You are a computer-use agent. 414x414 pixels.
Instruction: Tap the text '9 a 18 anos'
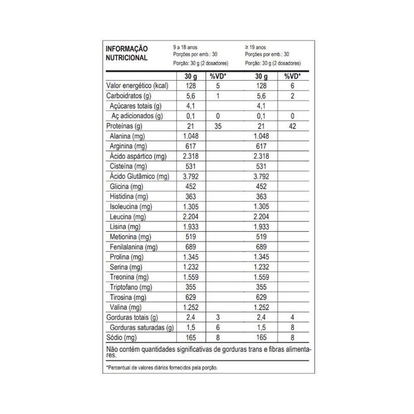[185, 47]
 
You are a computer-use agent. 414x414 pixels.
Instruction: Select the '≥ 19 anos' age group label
[256, 47]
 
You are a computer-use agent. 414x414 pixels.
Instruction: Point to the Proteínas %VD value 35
[218, 126]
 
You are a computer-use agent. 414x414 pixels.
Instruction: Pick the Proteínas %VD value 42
[293, 126]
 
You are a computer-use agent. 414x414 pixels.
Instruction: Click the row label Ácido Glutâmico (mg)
[140, 176]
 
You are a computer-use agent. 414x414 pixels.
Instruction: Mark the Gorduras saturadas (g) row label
[141, 327]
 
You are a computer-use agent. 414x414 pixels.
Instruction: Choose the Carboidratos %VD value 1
[218, 96]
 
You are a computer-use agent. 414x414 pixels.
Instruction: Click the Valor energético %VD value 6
[293, 86]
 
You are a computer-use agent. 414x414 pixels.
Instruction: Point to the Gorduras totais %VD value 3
[218, 317]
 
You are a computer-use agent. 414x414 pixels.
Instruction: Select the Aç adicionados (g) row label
[137, 116]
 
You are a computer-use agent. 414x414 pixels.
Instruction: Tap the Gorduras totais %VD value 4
[293, 317]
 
